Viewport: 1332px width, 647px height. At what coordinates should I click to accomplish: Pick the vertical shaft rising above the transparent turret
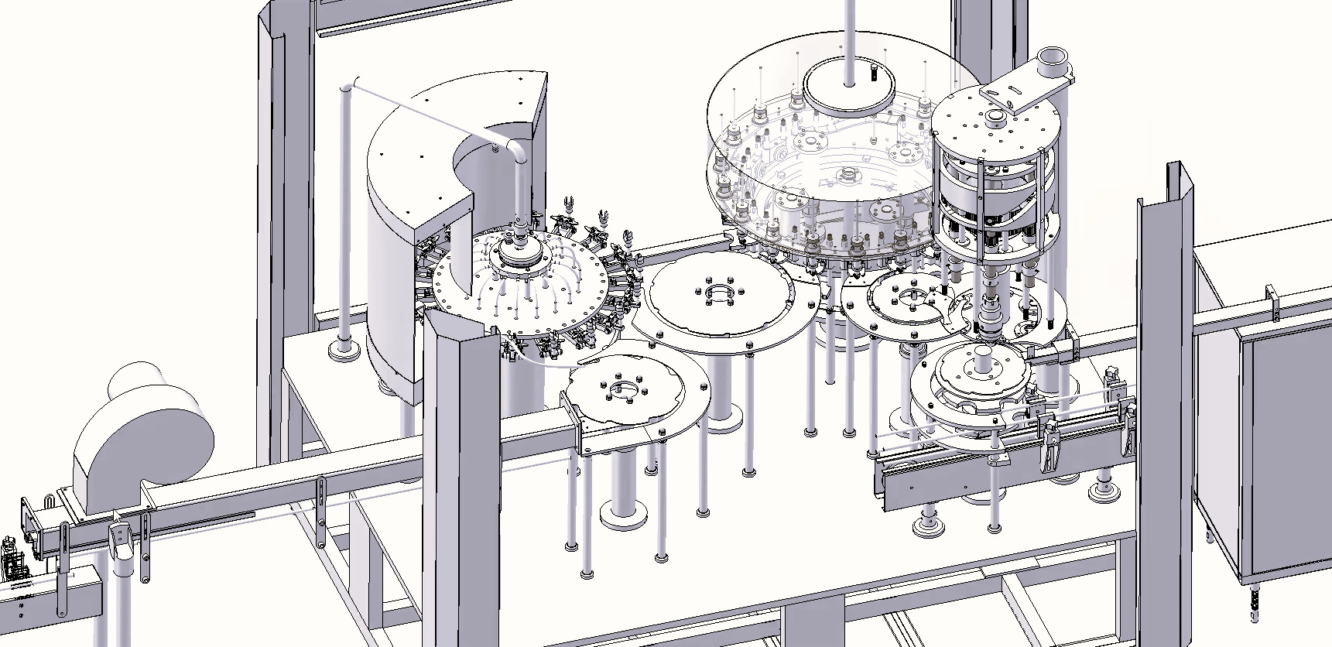point(850,39)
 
